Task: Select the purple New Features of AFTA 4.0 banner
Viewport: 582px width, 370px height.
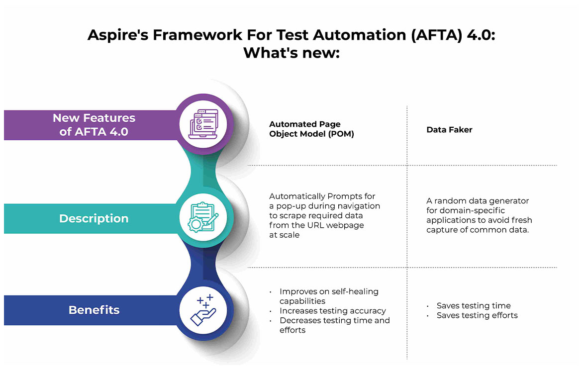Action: click(94, 124)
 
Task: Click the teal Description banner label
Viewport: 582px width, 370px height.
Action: click(94, 218)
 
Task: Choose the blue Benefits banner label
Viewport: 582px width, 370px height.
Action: click(94, 310)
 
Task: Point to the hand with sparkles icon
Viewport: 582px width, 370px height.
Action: click(203, 310)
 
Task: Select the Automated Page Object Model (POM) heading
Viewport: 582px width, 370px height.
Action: click(311, 129)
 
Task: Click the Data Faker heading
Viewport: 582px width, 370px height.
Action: click(449, 129)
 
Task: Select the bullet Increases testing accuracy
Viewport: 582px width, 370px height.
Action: click(332, 311)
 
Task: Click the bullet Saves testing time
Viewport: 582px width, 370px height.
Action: click(474, 306)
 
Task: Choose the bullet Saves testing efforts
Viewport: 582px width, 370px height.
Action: click(477, 315)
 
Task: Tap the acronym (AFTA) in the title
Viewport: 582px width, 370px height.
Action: click(427, 35)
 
